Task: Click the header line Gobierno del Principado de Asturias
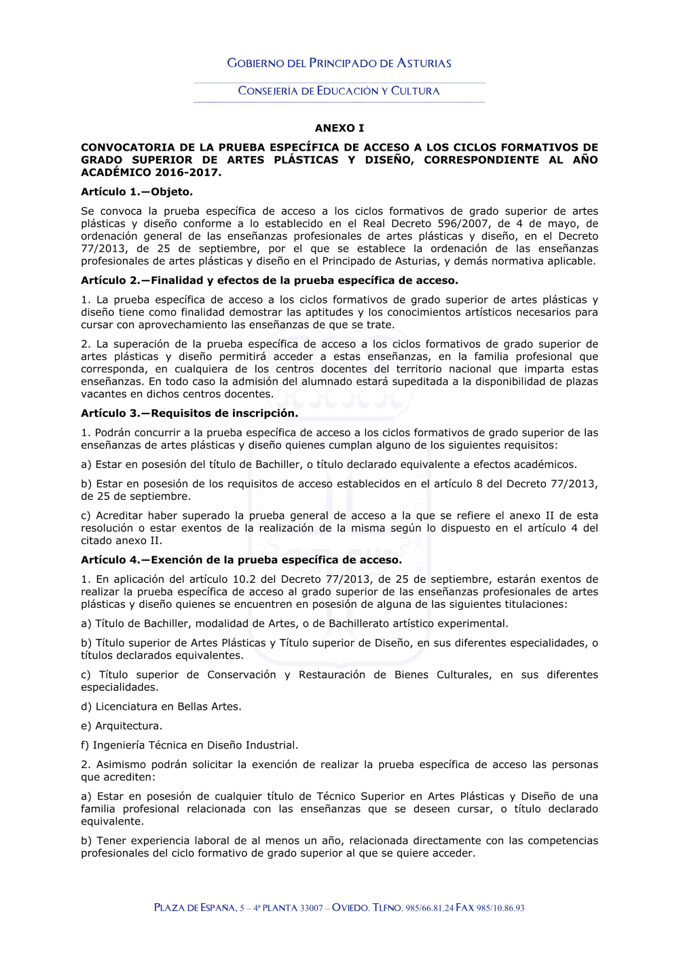339,63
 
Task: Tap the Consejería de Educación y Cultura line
339,91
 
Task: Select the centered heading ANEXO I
339,128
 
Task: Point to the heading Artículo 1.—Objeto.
136,192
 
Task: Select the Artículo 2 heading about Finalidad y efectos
269,280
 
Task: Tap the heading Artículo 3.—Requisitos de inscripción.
189,413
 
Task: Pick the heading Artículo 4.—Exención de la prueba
241,560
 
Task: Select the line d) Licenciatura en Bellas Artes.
161,706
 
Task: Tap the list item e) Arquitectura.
122,725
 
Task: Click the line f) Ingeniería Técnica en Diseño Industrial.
189,745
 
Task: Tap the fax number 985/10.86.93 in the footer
500,908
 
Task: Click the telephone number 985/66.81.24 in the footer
429,908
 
